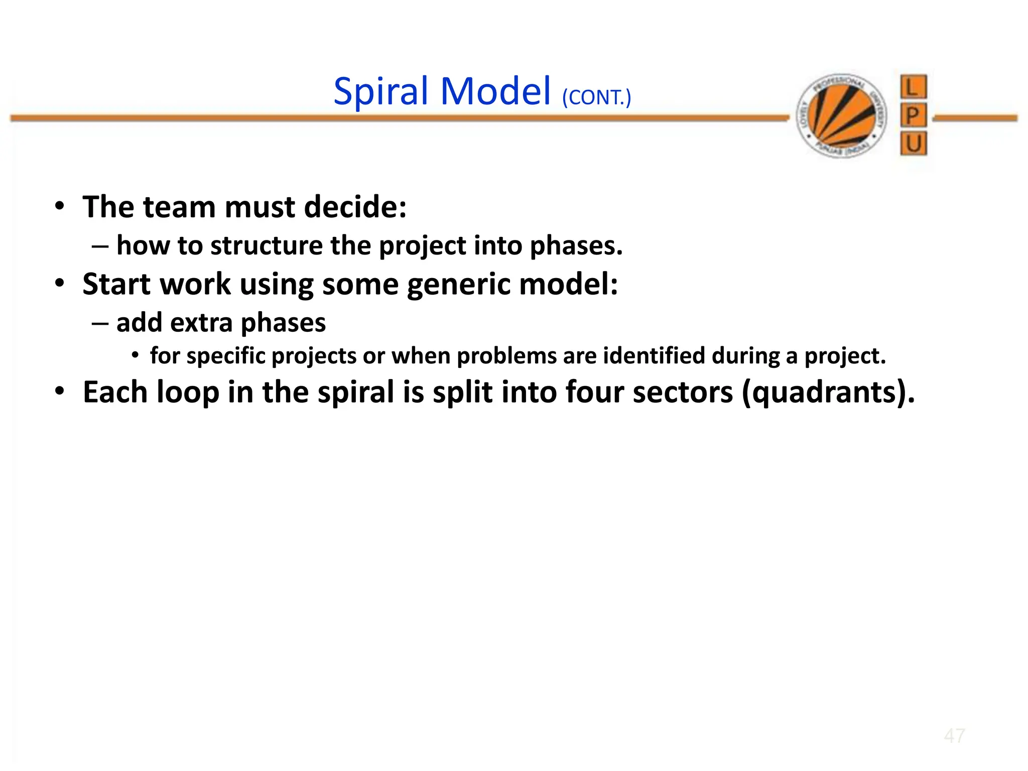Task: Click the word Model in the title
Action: point(495,92)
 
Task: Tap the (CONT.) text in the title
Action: point(596,97)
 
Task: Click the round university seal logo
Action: point(842,116)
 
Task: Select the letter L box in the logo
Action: point(913,87)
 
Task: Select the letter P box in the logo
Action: point(913,116)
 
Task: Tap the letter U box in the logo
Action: point(913,145)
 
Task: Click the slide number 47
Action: point(954,736)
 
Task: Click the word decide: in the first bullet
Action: point(355,207)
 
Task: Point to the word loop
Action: point(188,393)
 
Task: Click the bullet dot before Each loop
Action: point(60,391)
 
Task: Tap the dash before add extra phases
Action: point(100,323)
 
